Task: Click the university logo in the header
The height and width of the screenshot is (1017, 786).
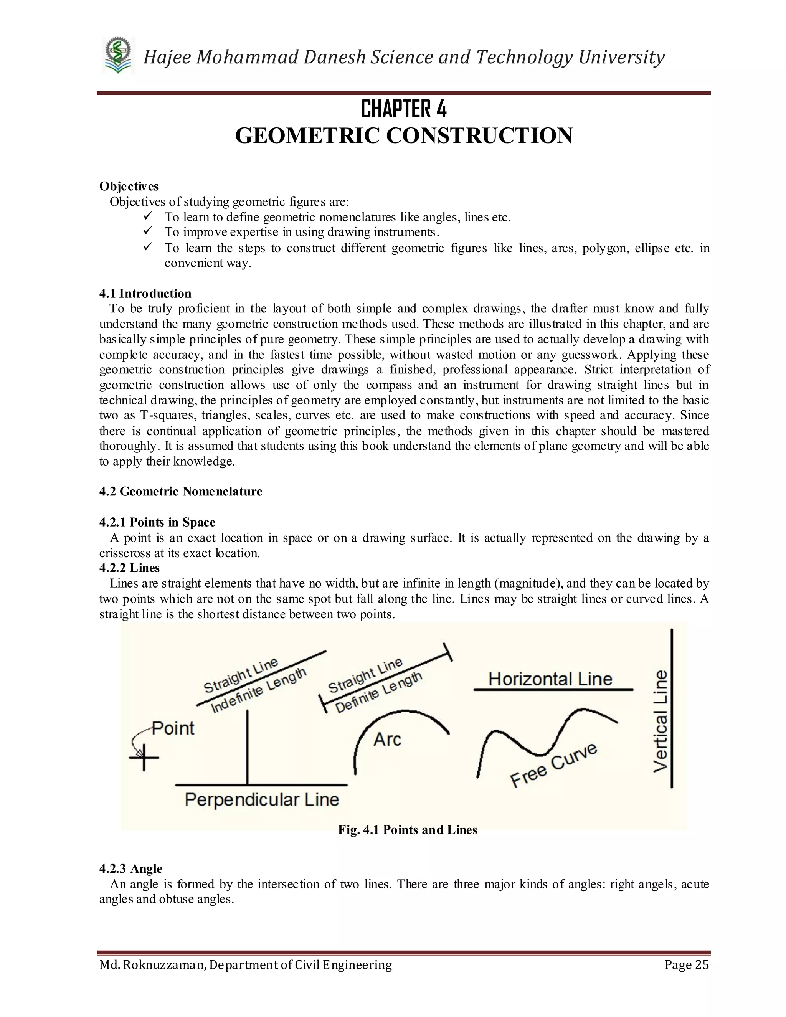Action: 118,56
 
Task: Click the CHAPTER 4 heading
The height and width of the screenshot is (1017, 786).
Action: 403,109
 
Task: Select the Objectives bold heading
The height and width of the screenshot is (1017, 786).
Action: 129,186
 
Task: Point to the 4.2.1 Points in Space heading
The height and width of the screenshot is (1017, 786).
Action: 157,522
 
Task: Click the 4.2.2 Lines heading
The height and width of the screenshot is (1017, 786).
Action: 129,568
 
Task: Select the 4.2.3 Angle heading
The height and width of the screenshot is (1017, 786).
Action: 131,868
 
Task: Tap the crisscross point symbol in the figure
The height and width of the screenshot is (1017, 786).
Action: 144,758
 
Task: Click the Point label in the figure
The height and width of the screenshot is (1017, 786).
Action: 173,728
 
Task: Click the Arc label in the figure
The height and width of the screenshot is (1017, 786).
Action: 387,740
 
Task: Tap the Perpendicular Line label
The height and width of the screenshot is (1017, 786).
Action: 262,799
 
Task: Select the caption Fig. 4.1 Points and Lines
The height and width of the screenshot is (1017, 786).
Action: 408,830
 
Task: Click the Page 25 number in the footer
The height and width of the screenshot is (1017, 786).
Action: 686,964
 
